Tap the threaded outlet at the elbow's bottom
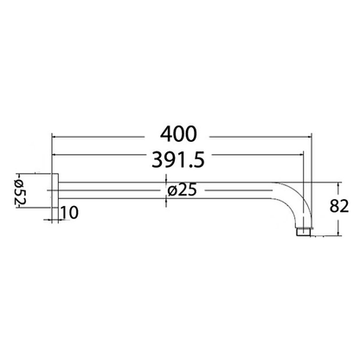click(301, 231)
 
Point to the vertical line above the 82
click(335, 190)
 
